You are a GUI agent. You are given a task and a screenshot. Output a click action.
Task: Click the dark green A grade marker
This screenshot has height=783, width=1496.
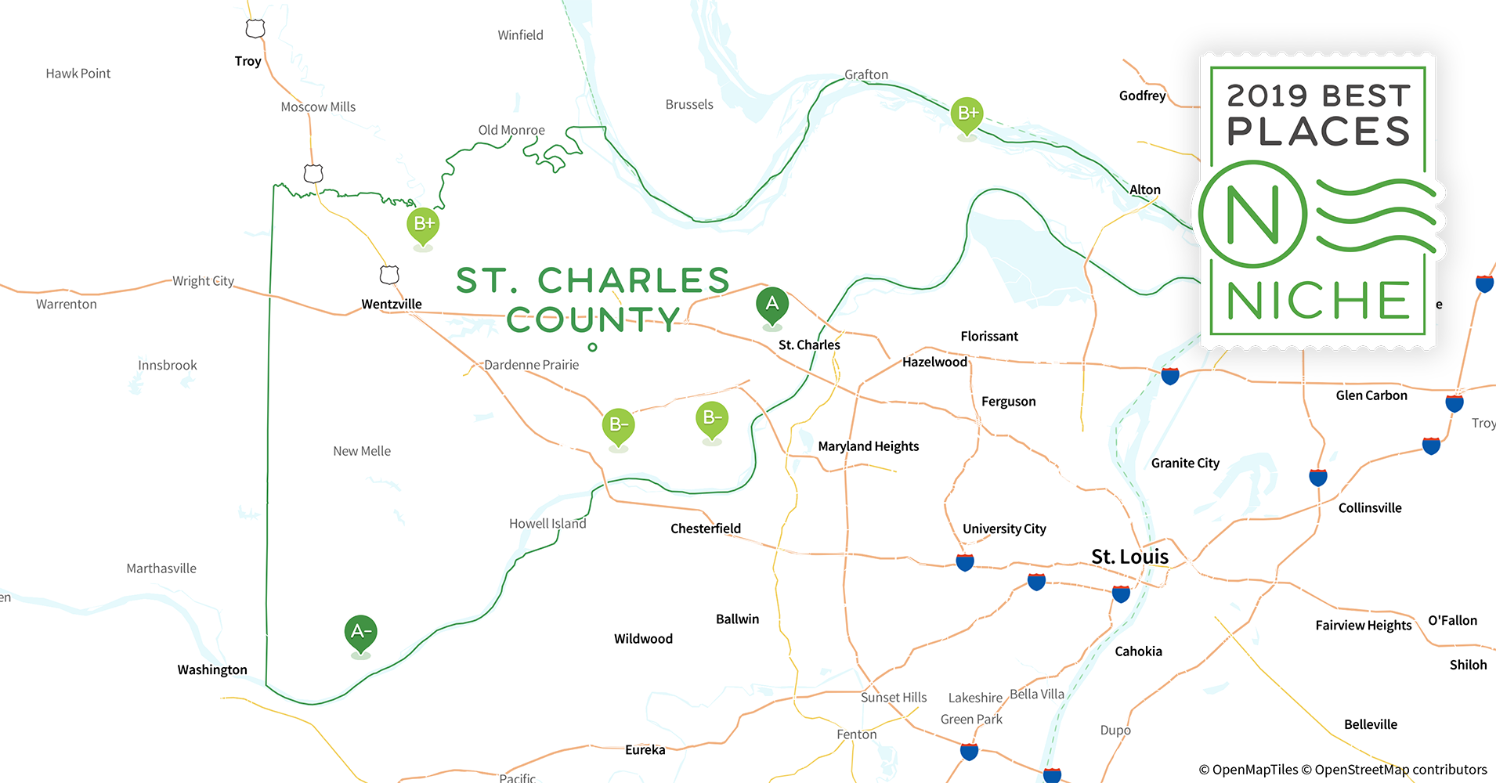click(x=772, y=305)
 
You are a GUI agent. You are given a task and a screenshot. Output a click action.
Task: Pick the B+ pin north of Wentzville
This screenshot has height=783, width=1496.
click(x=423, y=225)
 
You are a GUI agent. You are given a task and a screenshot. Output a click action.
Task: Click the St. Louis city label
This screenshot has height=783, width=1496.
click(x=1129, y=557)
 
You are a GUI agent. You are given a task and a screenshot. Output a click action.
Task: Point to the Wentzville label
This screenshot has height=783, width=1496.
click(x=392, y=304)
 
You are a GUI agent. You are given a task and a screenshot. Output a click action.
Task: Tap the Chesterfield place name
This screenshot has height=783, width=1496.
click(x=705, y=529)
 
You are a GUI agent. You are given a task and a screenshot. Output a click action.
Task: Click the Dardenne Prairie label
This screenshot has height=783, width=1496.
click(x=531, y=365)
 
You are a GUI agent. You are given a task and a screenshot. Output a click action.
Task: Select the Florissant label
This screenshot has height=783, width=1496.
click(x=989, y=336)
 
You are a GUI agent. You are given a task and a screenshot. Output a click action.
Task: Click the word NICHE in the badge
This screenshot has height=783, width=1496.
click(x=1318, y=301)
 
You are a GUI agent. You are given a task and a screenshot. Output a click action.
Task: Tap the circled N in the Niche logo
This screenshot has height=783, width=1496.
click(x=1252, y=214)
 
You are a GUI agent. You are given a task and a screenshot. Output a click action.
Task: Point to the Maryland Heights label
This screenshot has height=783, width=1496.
click(x=868, y=446)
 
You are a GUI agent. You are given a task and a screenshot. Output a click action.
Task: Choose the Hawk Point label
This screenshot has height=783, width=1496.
click(x=78, y=74)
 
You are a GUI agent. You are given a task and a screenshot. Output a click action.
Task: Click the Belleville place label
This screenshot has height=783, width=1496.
click(x=1370, y=724)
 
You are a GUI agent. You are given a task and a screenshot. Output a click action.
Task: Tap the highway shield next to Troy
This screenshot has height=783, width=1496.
click(x=255, y=29)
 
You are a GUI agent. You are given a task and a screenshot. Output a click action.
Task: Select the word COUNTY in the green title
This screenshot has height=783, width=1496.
click(x=593, y=319)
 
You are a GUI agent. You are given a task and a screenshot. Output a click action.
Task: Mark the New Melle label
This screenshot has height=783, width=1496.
click(x=361, y=451)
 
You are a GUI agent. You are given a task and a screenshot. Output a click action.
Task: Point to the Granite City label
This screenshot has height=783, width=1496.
click(x=1185, y=463)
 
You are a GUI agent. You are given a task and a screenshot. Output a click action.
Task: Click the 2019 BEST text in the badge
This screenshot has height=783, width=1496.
click(x=1318, y=96)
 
